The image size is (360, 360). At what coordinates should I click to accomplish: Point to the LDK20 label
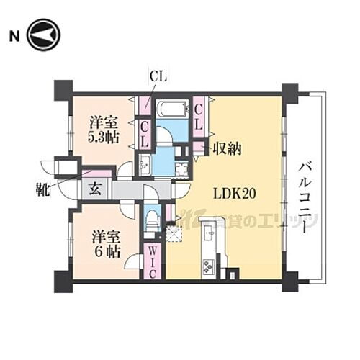pyautogui.click(x=235, y=193)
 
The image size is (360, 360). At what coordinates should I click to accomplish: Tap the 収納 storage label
pyautogui.click(x=226, y=149)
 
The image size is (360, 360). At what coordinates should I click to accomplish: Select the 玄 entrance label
pyautogui.click(x=95, y=191)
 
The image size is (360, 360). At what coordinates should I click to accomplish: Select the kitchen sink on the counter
pyautogui.click(x=210, y=233)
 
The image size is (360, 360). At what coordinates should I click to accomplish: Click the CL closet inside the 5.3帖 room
pyautogui.click(x=145, y=133)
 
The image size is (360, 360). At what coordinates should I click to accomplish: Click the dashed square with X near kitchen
pyautogui.click(x=172, y=233)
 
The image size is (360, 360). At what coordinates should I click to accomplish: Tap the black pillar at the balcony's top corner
pyautogui.click(x=289, y=91)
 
